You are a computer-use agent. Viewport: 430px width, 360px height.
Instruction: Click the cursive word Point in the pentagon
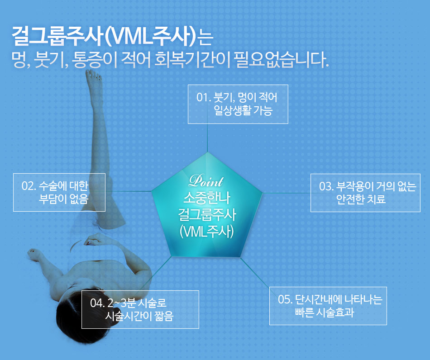point(206,181)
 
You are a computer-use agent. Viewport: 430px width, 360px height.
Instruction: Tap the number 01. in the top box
point(204,97)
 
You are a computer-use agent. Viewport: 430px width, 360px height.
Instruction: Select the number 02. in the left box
point(29,186)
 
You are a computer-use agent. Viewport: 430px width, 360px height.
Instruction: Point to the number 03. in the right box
point(326,187)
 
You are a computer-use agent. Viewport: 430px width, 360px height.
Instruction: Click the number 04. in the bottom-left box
point(97,303)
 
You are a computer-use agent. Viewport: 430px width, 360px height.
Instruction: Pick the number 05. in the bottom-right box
point(285,299)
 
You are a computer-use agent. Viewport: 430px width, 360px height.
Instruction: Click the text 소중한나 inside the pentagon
point(207,197)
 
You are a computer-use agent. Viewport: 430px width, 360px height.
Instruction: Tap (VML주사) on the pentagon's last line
point(207,232)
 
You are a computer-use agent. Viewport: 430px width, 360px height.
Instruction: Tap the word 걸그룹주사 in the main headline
point(58,36)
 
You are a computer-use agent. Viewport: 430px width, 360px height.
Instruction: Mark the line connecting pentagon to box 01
point(207,138)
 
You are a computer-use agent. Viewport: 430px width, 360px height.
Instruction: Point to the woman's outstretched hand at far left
point(33,254)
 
